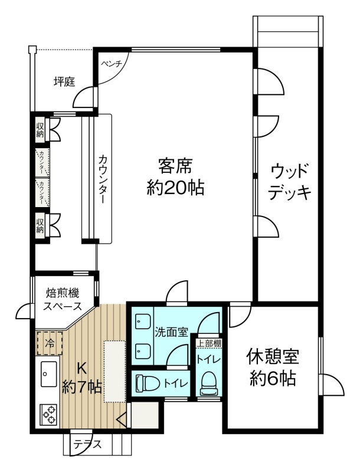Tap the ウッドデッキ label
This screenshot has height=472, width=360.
[289, 182]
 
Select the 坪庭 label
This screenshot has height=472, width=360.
[64, 81]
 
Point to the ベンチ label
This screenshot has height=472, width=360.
[111, 64]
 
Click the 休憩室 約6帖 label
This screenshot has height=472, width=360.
[273, 367]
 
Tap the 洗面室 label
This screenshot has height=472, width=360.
[172, 332]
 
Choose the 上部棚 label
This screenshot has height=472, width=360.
[209, 343]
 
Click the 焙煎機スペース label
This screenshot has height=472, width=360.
[63, 299]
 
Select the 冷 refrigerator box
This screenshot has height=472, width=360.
[50, 343]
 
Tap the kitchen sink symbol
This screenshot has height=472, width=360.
[49, 373]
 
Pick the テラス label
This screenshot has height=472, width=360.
[88, 444]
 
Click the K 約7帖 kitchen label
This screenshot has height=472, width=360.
[81, 378]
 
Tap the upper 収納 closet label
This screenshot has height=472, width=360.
[40, 129]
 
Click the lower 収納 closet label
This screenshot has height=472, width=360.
[40, 226]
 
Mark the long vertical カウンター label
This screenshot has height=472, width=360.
[103, 179]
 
